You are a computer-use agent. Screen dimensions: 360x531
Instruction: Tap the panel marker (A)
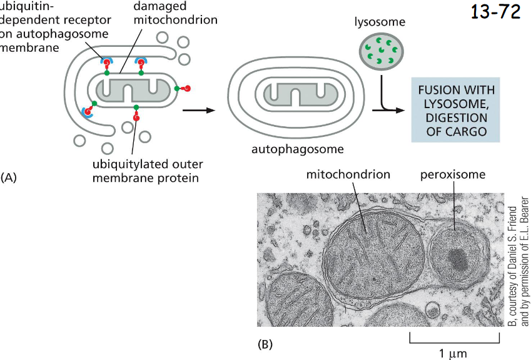click(x=9, y=177)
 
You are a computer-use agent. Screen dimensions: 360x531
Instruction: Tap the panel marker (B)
click(x=265, y=344)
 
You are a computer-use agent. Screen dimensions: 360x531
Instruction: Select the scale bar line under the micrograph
click(x=454, y=342)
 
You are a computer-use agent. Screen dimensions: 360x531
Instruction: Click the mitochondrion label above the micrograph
click(x=348, y=174)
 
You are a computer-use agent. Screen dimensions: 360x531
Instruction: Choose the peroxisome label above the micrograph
click(x=452, y=174)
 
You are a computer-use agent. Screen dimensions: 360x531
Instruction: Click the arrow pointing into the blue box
click(x=388, y=110)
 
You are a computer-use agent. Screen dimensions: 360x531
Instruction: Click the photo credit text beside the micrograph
click(x=518, y=262)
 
